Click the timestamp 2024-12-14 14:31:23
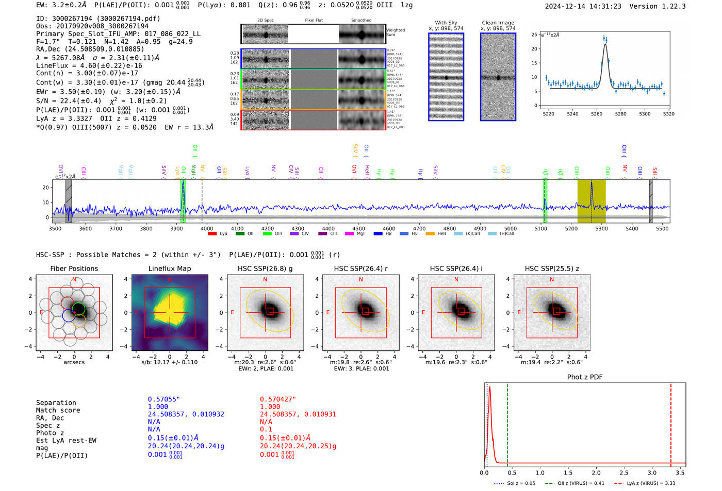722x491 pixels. [x=583, y=6]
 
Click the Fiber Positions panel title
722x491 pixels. [x=74, y=268]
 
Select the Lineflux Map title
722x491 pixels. [x=170, y=268]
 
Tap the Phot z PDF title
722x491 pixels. [x=585, y=377]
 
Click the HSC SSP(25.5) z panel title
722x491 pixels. [x=552, y=268]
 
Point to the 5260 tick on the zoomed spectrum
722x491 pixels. [x=597, y=114]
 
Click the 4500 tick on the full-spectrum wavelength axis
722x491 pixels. [x=358, y=228]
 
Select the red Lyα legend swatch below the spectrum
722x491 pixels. [x=212, y=234]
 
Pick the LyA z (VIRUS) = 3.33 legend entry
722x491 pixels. [x=645, y=483]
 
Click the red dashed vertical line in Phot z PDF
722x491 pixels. [x=670, y=422]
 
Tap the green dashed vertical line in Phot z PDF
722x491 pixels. [x=507, y=422]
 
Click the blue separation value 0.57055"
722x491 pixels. [x=164, y=399]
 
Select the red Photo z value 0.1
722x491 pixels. [x=266, y=429]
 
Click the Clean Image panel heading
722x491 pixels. [x=498, y=23]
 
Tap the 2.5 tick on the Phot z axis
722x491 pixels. [x=624, y=472]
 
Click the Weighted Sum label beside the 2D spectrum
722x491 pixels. [x=396, y=32]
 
